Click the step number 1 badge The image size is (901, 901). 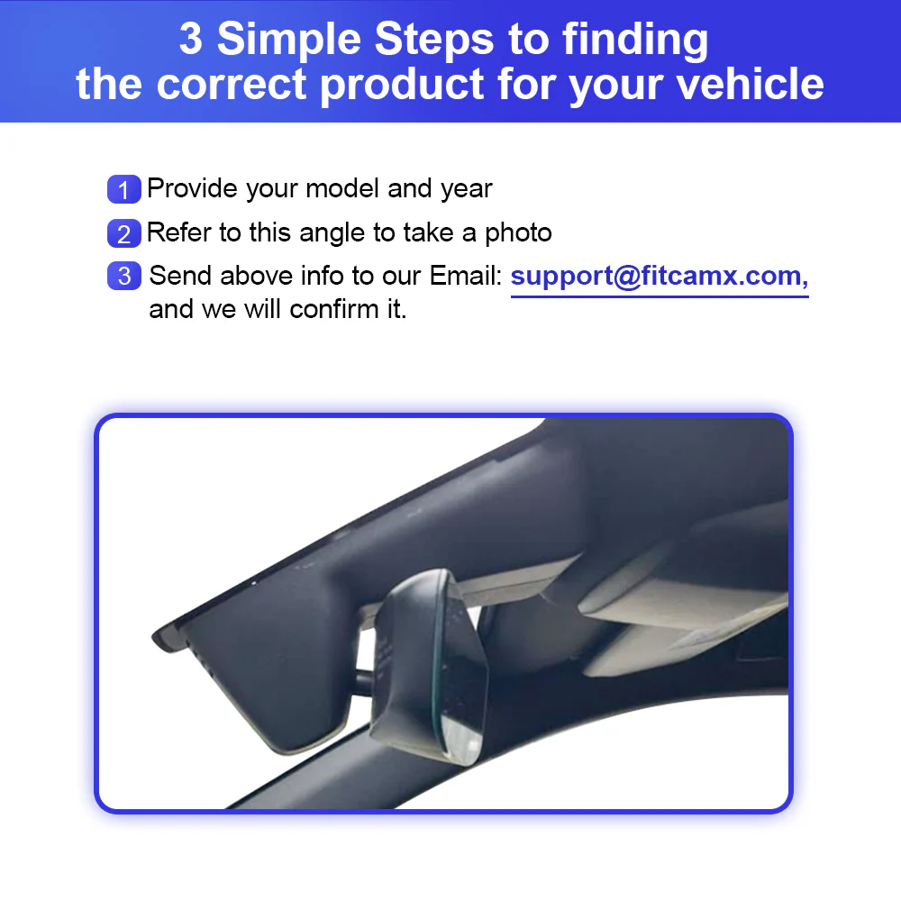tap(124, 189)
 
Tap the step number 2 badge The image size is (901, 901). tap(124, 233)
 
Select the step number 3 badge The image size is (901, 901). tap(124, 276)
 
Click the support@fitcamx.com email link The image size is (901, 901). tap(660, 277)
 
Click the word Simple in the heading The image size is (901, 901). tap(289, 39)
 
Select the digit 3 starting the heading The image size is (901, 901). tap(191, 39)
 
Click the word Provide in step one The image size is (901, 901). tap(192, 188)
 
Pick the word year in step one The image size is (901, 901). tap(466, 189)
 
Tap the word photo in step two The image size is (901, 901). tap(518, 233)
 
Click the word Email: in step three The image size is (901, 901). tap(466, 276)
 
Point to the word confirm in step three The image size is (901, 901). tap(333, 309)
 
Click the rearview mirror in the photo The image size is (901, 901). tap(430, 667)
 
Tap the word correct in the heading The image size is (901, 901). tap(232, 85)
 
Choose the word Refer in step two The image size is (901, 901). tap(178, 232)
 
